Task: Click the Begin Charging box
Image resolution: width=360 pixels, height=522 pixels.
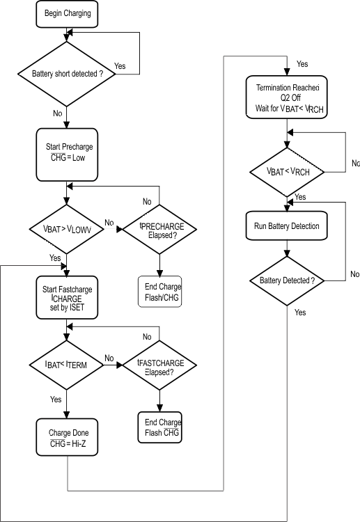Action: (67, 13)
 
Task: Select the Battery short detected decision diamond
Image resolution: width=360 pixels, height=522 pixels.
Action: (67, 73)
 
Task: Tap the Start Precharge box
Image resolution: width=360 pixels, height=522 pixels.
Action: (67, 152)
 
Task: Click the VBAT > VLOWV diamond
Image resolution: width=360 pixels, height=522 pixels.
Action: (67, 228)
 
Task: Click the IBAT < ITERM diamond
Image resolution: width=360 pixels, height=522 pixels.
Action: (67, 362)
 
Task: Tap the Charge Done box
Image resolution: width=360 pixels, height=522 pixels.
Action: (67, 437)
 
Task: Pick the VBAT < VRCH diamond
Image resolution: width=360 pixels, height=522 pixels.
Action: (287, 171)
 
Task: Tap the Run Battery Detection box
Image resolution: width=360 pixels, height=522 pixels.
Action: (287, 227)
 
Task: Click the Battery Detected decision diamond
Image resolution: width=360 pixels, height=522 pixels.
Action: (287, 280)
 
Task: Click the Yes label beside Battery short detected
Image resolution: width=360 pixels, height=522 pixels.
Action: (120, 66)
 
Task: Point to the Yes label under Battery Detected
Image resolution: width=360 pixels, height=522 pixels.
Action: (300, 313)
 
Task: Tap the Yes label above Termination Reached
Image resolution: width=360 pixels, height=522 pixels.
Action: (302, 64)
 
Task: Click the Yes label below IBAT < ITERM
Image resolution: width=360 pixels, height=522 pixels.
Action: (55, 400)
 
